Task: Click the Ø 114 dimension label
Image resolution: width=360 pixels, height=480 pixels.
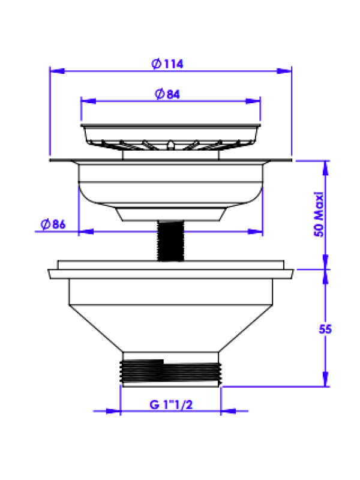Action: point(167,64)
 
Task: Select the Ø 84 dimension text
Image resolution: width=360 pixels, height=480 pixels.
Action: point(167,94)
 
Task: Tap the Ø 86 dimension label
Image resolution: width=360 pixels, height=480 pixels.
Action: point(53,224)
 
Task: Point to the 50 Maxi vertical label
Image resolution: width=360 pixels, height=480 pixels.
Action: point(319,214)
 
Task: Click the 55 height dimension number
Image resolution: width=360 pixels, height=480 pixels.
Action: point(325,329)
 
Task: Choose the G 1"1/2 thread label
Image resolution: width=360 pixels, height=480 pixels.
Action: point(171,404)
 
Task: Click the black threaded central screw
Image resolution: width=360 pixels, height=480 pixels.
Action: point(170,241)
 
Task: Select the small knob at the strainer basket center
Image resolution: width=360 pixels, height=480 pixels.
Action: point(170,145)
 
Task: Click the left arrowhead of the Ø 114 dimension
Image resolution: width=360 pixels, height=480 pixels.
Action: point(57,71)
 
